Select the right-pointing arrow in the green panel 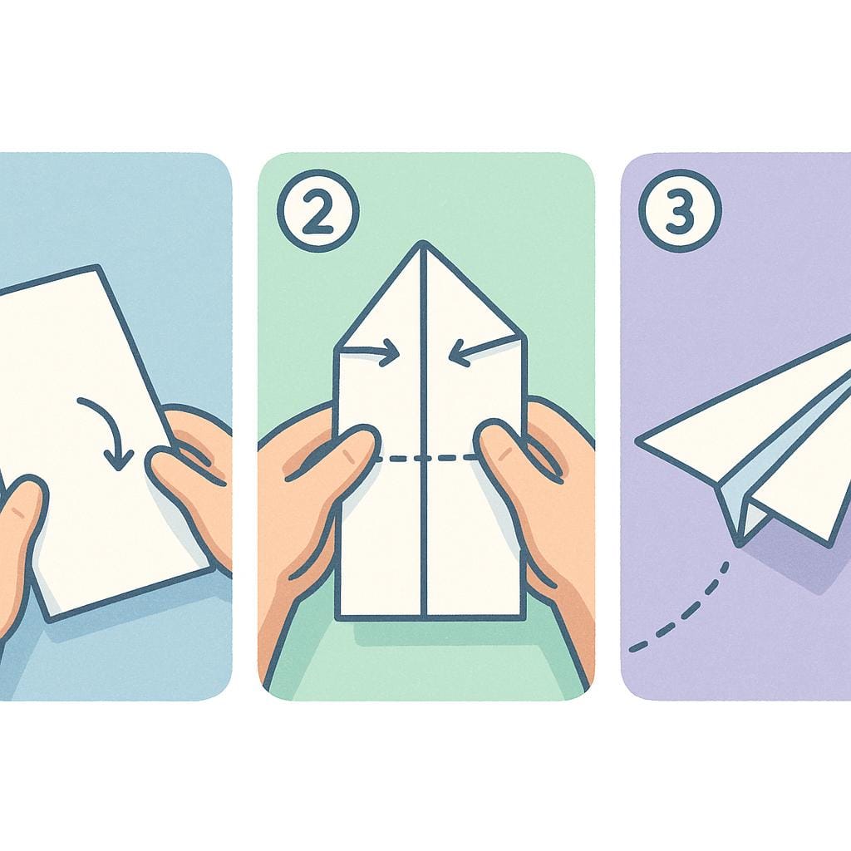tap(373, 355)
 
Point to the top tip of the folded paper tap(423, 244)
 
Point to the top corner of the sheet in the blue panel tap(98, 267)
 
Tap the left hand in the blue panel tap(17, 540)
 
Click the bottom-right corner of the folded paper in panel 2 tap(524, 617)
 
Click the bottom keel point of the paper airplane tap(738, 544)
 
